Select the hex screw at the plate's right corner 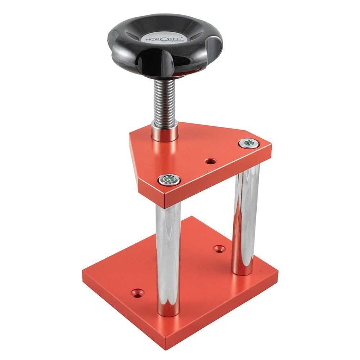click(x=249, y=144)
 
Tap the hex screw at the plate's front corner click(x=170, y=180)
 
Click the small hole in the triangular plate click(x=211, y=161)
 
